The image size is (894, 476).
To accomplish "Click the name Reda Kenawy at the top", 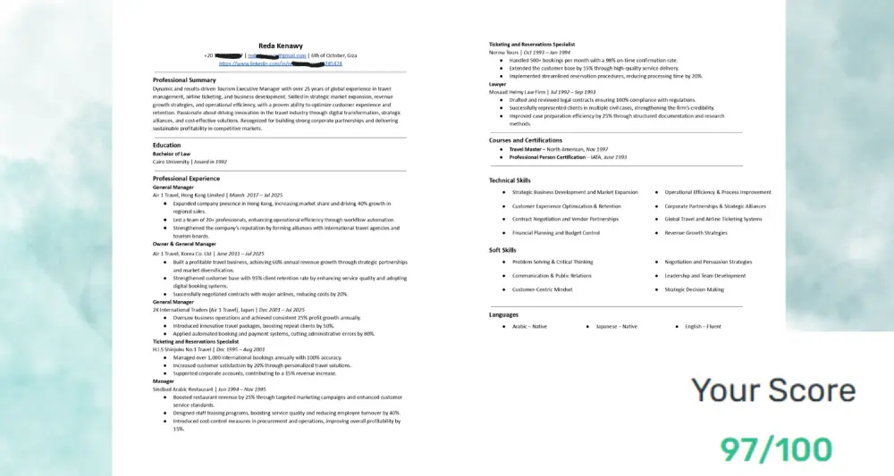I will [280, 45].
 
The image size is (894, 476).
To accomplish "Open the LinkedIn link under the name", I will [280, 64].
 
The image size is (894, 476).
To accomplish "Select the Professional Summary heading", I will [184, 80].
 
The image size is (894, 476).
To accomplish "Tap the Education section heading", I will [166, 145].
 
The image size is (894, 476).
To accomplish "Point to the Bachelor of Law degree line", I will [172, 153].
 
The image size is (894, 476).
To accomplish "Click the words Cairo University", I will [171, 162].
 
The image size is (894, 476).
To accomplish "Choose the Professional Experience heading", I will [187, 179].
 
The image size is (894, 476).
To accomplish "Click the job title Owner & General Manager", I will [184, 244].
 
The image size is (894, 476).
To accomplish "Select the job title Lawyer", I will [497, 84].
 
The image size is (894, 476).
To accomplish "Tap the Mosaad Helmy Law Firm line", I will [518, 92].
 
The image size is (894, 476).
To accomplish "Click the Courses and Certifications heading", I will [526, 140].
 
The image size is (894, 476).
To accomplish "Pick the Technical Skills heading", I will [510, 180].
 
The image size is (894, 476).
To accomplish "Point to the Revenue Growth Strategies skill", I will [696, 233].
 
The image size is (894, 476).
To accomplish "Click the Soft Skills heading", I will [502, 250].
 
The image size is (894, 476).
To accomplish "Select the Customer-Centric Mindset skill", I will [542, 289].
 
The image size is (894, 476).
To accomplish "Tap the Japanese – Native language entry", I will [617, 327].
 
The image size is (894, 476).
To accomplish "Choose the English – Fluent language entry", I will [703, 327].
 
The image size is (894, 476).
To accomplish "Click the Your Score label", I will [773, 390].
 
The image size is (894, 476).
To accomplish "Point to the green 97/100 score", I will [776, 448].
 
